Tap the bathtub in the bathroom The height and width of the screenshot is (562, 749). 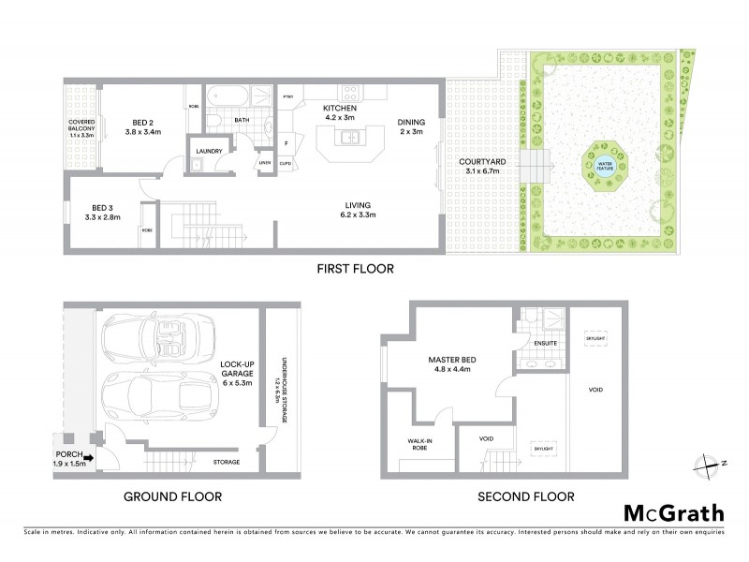coord(228,96)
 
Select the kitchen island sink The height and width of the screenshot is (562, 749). coord(349,138)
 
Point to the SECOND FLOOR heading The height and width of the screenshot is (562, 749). coord(527,496)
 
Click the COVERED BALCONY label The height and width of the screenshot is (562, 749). coord(81,129)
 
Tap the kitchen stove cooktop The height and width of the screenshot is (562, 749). coord(351,93)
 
